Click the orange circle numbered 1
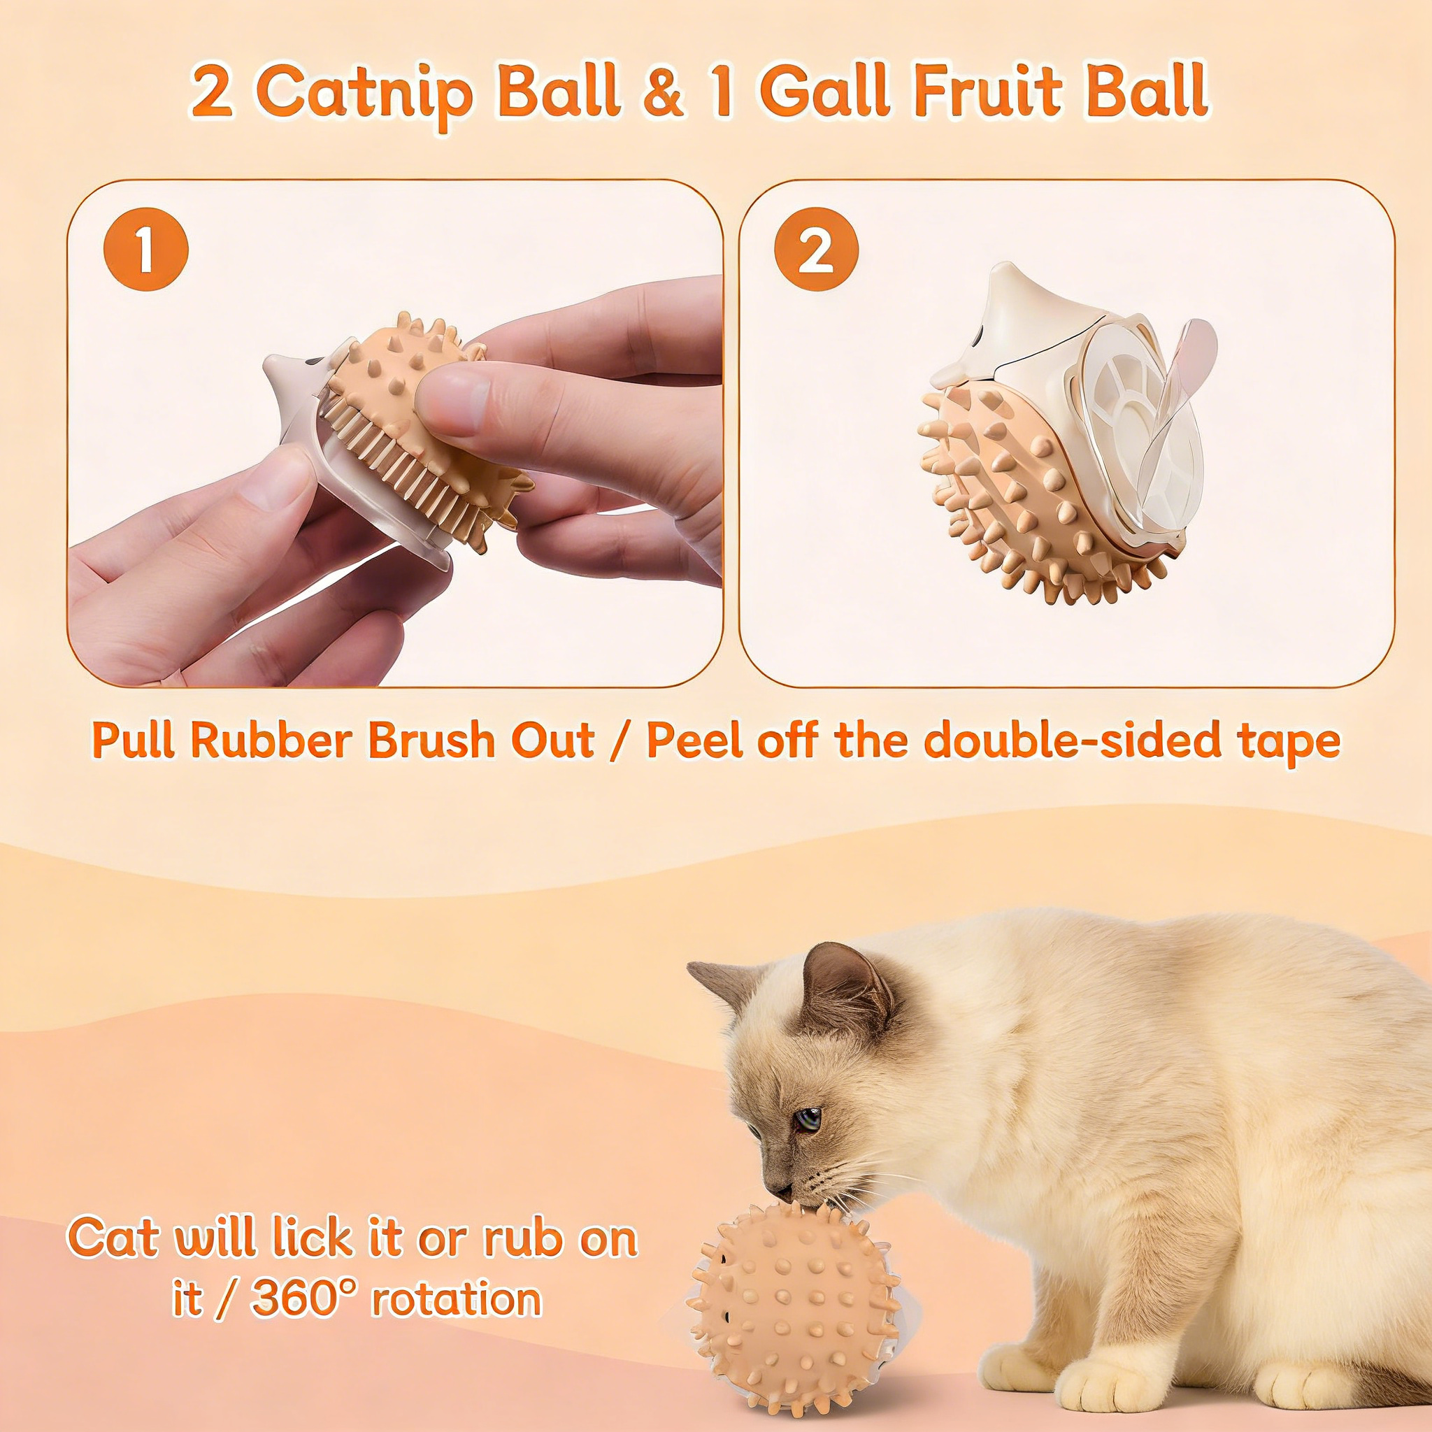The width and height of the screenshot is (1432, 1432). coord(146,248)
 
